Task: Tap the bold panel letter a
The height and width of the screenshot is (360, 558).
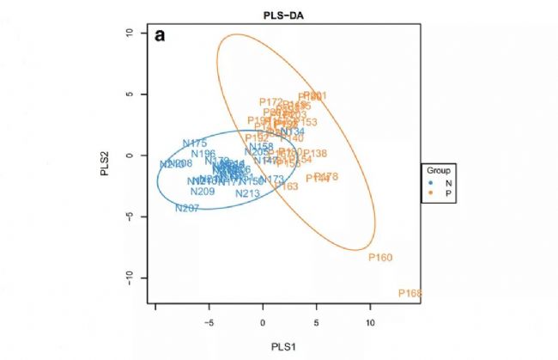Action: (160, 37)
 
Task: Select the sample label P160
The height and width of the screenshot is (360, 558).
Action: (379, 257)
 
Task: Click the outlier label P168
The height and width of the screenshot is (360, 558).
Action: (410, 294)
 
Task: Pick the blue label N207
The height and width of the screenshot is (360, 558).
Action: (186, 208)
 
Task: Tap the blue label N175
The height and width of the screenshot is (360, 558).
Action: (195, 143)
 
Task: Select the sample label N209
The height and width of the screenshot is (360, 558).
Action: (203, 192)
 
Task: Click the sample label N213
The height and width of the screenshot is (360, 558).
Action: (247, 194)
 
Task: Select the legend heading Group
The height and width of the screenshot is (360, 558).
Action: (440, 170)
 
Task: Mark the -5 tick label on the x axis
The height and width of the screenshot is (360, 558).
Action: (208, 323)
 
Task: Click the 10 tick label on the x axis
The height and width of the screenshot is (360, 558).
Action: (371, 323)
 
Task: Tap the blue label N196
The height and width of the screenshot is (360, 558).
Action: (203, 154)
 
